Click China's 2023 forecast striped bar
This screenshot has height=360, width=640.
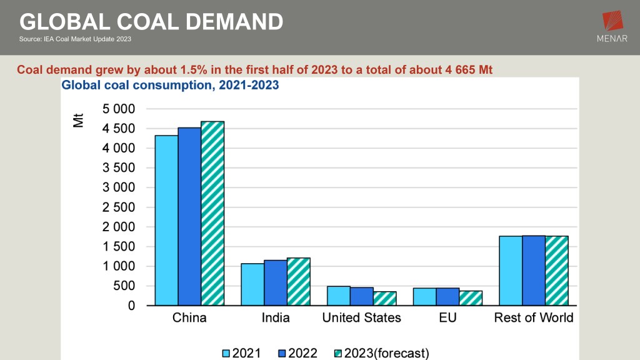click(212, 213)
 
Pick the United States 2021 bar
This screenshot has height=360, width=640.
click(338, 296)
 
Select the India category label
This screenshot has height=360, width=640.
click(276, 317)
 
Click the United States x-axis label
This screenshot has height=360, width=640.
click(361, 317)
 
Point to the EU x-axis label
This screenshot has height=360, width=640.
click(447, 317)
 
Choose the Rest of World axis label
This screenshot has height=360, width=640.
click(533, 317)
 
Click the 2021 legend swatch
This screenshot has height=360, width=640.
click(226, 354)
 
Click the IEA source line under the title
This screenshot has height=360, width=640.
click(76, 39)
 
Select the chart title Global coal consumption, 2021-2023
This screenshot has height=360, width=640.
click(170, 86)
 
